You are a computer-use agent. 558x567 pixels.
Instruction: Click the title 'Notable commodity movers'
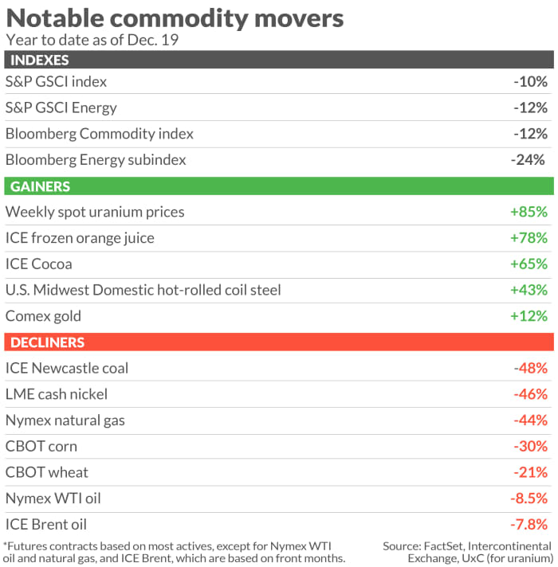[x=175, y=18]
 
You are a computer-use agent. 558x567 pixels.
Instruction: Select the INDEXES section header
[x=37, y=61]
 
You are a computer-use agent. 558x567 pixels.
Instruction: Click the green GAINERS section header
[x=37, y=186]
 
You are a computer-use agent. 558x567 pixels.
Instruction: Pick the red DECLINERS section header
[x=45, y=342]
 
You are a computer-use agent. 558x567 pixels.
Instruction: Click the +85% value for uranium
[x=529, y=212]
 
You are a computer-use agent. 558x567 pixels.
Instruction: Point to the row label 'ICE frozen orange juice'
[x=80, y=238]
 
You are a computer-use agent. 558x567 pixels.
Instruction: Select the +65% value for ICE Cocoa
[x=529, y=264]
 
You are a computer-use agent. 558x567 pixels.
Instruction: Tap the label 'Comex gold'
[x=43, y=316]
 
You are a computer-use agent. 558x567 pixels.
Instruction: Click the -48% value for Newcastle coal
[x=530, y=368]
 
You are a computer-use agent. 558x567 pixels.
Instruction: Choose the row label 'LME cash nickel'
[x=57, y=394]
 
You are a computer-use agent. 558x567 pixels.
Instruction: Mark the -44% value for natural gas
[x=530, y=420]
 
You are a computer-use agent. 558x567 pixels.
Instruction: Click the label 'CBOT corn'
[x=41, y=446]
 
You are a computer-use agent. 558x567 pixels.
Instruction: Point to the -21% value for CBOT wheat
[x=531, y=472]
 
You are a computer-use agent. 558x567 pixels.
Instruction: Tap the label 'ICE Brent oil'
[x=46, y=525]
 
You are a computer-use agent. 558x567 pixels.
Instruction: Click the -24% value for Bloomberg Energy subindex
[x=528, y=160]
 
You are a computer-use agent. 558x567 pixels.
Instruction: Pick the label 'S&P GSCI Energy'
[x=61, y=108]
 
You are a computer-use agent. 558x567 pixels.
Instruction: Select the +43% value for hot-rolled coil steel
[x=529, y=290]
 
